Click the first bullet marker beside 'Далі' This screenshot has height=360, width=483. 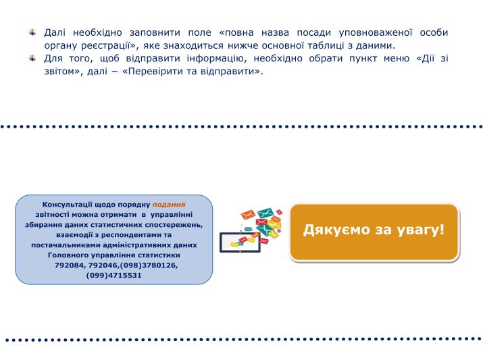coord(32,32)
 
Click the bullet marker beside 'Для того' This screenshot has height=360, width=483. coord(32,58)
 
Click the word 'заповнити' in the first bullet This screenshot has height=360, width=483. coord(155,32)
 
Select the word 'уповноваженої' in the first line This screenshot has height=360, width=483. coord(376,32)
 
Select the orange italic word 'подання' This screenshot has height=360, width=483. coord(169,205)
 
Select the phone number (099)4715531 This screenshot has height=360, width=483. coord(114,276)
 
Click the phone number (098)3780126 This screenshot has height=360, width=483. coord(149,265)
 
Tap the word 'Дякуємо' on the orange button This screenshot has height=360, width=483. coord(336,230)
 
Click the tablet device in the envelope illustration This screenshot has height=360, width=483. coord(240,242)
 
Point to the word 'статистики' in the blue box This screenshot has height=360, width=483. coord(159,255)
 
